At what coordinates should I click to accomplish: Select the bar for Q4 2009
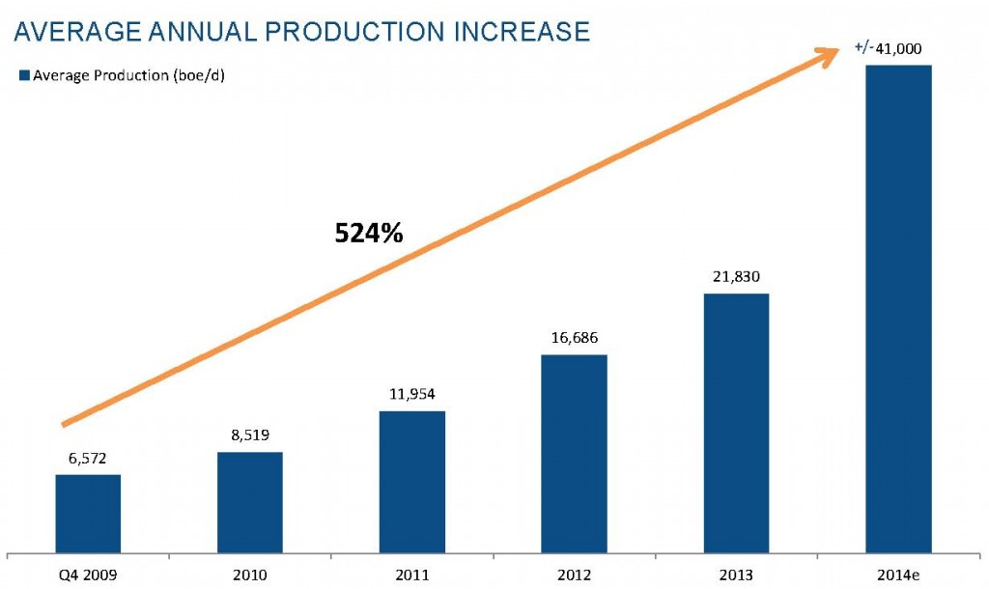88,514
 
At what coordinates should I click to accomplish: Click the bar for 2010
249,502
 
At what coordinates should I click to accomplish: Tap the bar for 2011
412,482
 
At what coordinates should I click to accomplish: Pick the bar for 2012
574,454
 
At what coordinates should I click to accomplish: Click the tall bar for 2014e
898,309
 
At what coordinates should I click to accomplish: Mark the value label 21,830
736,278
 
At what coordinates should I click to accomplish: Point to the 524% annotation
369,233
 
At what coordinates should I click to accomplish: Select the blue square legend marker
24,75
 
